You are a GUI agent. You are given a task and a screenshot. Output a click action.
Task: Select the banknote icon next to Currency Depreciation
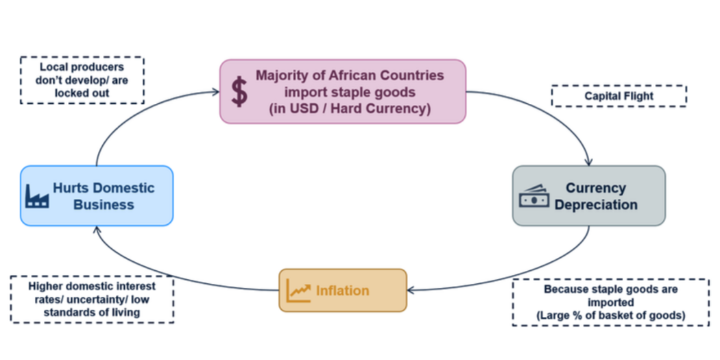click(x=534, y=197)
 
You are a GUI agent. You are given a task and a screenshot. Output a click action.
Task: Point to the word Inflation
click(x=342, y=291)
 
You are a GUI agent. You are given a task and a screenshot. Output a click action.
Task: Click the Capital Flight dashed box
click(x=619, y=96)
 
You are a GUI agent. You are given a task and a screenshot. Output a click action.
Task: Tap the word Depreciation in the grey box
click(x=596, y=204)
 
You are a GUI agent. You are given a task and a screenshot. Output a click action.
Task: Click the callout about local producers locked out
click(x=82, y=80)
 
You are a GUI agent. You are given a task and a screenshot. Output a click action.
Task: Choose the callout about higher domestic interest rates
click(x=92, y=299)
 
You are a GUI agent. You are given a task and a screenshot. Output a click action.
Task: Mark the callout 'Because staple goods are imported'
click(x=610, y=302)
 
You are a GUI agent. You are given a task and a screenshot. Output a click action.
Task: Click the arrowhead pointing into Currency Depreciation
click(x=588, y=163)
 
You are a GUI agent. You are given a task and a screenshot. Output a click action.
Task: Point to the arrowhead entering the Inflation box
click(x=411, y=290)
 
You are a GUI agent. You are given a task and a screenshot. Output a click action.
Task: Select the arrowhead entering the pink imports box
click(x=215, y=91)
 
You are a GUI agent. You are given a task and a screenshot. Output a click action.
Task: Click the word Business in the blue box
click(x=104, y=204)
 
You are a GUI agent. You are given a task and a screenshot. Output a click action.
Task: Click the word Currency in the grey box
click(x=596, y=188)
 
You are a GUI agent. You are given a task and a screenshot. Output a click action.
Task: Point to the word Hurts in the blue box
click(x=72, y=188)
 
